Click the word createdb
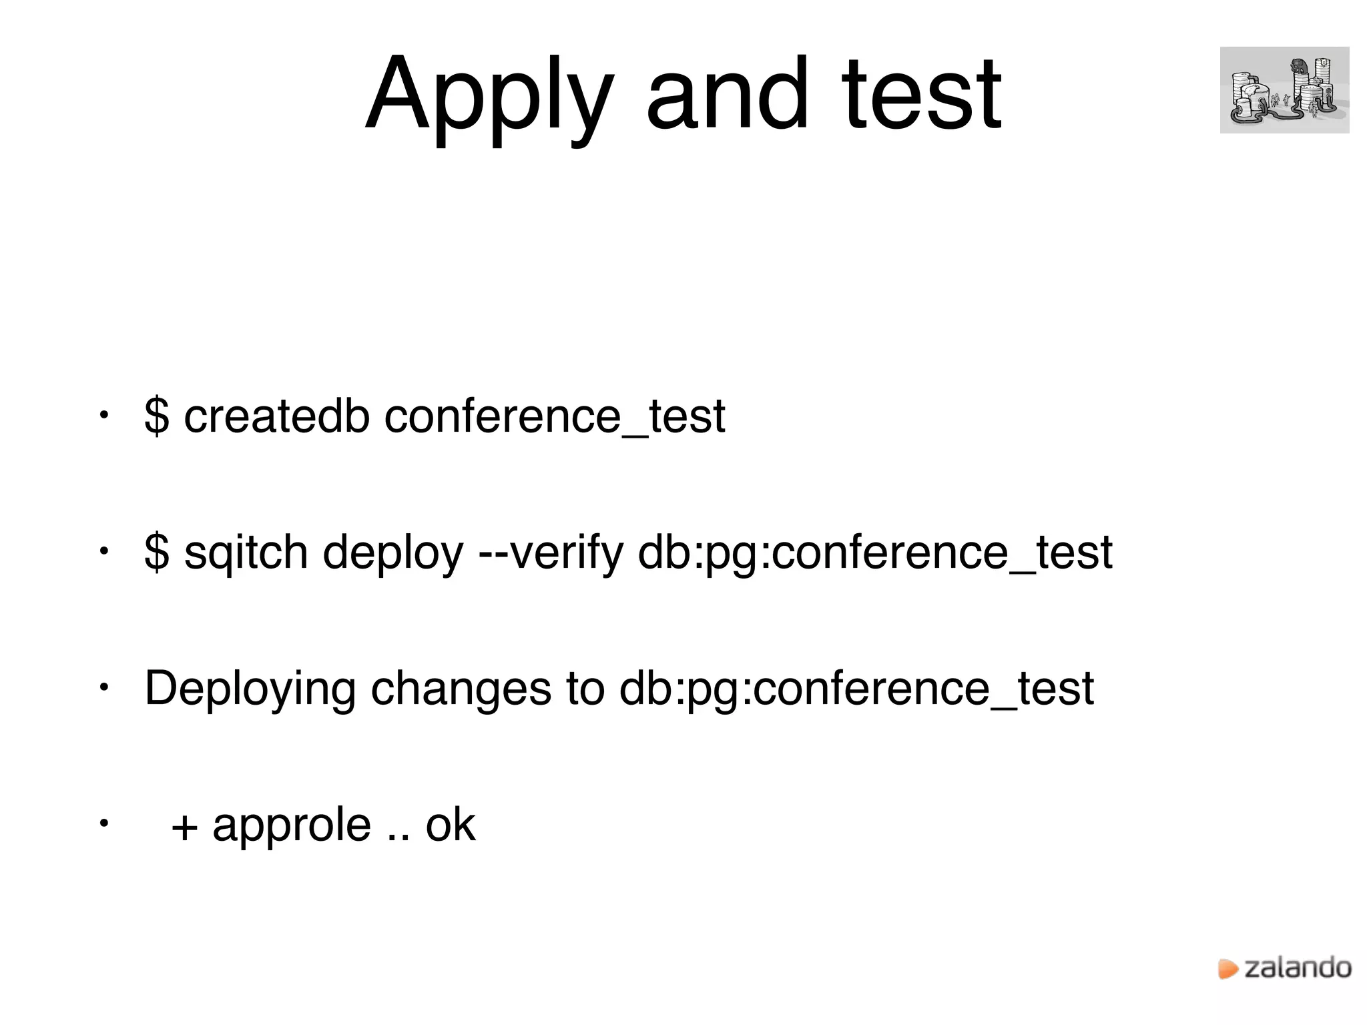[x=276, y=416]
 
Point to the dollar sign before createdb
[x=157, y=416]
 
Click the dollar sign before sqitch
[x=157, y=554]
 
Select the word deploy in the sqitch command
[x=392, y=554]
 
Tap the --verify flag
[x=551, y=554]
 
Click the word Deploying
[x=250, y=690]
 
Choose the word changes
[x=461, y=689]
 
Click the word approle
[x=292, y=826]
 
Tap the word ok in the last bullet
[x=451, y=825]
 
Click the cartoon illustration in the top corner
[x=1284, y=90]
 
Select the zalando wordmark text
[x=1298, y=968]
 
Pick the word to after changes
[x=585, y=689]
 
